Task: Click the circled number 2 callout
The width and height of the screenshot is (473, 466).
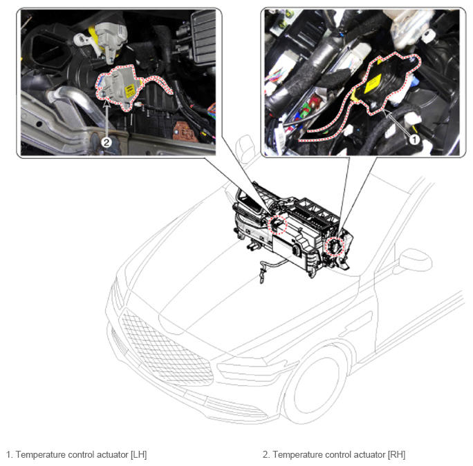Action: [x=106, y=142]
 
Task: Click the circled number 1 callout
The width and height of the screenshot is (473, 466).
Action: [x=414, y=139]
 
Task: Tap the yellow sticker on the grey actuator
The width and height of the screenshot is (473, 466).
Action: [x=130, y=90]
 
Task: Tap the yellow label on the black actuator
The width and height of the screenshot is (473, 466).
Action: [x=372, y=84]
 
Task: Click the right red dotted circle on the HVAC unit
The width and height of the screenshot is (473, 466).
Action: [x=335, y=246]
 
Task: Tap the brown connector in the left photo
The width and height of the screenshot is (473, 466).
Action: [x=185, y=132]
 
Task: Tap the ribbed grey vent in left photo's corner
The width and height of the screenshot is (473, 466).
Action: [x=203, y=32]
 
